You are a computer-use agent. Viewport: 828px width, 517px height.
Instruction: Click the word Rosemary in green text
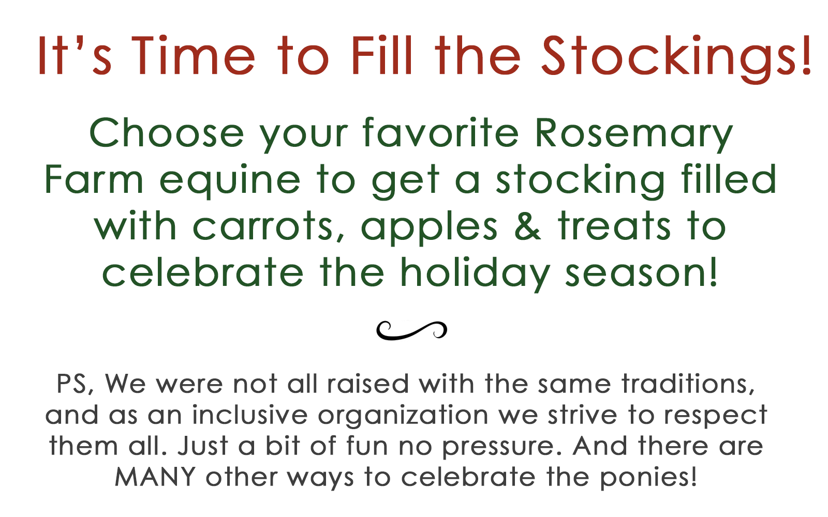(633, 133)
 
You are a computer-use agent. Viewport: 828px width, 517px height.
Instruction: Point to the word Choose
(167, 133)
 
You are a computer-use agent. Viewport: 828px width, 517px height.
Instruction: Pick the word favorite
(440, 133)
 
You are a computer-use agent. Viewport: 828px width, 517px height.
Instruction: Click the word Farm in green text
(94, 180)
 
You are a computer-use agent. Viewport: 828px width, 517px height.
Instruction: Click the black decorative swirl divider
(412, 330)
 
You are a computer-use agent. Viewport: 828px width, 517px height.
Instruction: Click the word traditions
(688, 384)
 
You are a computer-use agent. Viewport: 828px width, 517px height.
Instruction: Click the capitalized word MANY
(155, 477)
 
